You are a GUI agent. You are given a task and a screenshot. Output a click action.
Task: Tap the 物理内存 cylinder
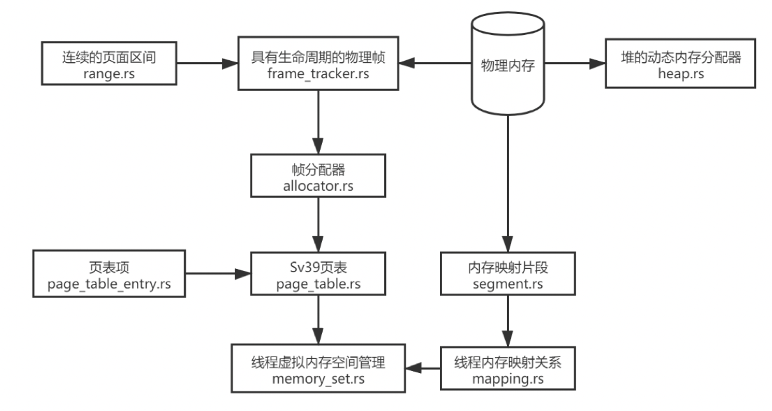click(x=507, y=63)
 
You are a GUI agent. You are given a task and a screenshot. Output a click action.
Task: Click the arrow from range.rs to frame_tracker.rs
click(x=207, y=63)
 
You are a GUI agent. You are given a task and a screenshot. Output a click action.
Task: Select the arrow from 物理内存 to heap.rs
click(x=574, y=63)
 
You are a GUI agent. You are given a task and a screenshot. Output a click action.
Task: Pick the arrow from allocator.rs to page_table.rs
click(x=318, y=222)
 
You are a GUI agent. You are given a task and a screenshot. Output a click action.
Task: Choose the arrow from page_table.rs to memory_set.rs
click(x=318, y=320)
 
